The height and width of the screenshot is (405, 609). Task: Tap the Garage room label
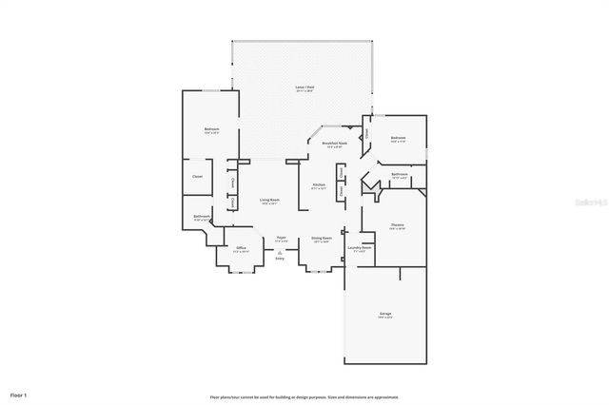click(385, 314)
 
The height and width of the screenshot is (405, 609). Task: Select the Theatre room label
click(398, 225)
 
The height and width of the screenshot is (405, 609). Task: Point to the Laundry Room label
click(360, 248)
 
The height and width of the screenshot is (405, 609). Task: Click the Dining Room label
click(322, 239)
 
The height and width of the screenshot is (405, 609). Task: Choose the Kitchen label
click(319, 184)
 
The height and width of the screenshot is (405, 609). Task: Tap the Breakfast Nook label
click(334, 144)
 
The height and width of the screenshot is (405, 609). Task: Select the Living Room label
click(269, 201)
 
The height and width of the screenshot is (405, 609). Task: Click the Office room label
click(242, 249)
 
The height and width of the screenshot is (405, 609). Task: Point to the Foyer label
click(281, 239)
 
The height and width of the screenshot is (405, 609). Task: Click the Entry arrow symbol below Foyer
click(280, 253)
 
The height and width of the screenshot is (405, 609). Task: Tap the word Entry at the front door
click(280, 260)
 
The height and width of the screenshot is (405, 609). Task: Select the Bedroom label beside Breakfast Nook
click(399, 139)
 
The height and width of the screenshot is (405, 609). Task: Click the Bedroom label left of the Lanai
click(211, 130)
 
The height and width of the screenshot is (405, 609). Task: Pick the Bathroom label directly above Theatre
click(400, 175)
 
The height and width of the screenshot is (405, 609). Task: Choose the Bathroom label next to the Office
click(201, 217)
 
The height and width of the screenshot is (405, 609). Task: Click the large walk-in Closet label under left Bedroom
click(198, 177)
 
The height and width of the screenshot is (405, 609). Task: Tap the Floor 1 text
click(19, 394)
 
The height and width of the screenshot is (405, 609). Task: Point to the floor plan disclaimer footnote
click(304, 396)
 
